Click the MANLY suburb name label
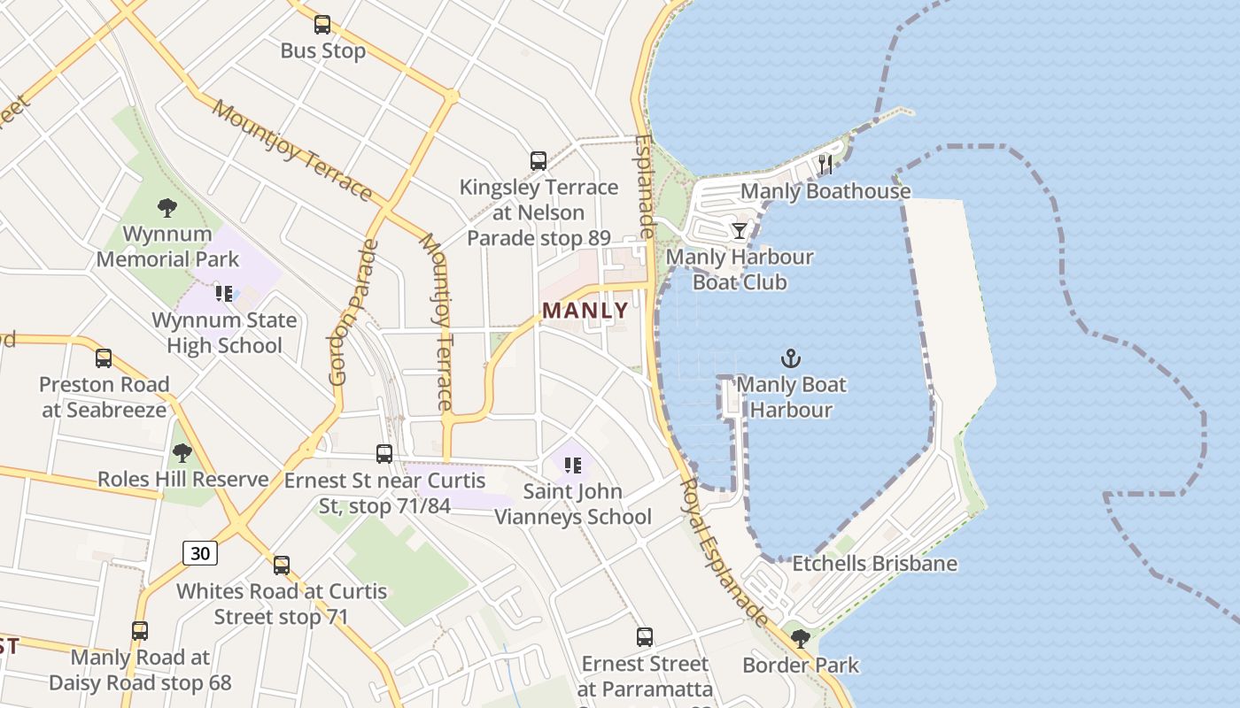click(x=585, y=311)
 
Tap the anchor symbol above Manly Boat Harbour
click(x=790, y=358)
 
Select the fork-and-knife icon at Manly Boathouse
click(x=825, y=165)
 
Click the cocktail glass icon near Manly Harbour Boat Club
click(x=739, y=231)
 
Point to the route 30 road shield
click(x=201, y=553)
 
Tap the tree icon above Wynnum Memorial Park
click(x=167, y=209)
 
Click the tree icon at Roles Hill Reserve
click(x=182, y=454)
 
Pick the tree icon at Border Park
click(x=801, y=639)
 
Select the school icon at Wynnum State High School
click(x=224, y=294)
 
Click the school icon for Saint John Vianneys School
click(x=573, y=465)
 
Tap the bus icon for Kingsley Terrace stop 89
click(x=539, y=161)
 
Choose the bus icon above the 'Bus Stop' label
click(x=322, y=25)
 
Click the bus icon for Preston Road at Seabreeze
click(x=104, y=358)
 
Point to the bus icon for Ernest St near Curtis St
click(x=384, y=454)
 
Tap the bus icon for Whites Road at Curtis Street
click(x=282, y=565)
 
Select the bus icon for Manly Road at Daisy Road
click(x=140, y=631)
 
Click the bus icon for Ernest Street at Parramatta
click(x=645, y=637)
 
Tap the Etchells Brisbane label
click(x=874, y=564)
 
